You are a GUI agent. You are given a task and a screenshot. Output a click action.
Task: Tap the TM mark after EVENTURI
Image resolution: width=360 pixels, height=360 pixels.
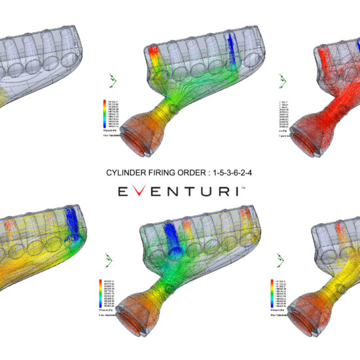[243, 187]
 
